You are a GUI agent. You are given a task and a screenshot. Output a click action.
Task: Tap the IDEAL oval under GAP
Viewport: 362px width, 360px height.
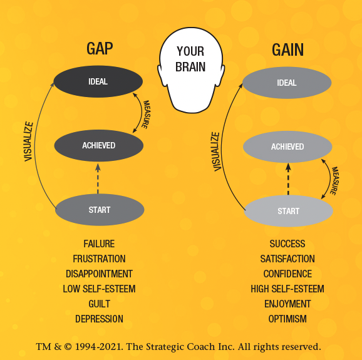click(98, 81)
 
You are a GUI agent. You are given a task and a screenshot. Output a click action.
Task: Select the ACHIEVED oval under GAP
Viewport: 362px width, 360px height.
click(99, 146)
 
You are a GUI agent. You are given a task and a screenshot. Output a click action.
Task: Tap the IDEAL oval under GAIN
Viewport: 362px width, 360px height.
click(287, 83)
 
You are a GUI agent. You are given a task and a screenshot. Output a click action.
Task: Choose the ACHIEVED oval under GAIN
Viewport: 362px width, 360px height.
click(287, 147)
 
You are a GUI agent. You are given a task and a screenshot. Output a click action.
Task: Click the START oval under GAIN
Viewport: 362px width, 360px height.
click(288, 212)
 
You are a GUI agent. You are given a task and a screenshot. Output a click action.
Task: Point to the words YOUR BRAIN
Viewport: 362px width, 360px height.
click(190, 58)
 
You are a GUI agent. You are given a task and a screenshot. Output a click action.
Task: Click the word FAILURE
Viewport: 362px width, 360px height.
click(99, 244)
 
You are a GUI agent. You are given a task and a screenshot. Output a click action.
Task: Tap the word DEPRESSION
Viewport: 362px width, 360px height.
click(99, 319)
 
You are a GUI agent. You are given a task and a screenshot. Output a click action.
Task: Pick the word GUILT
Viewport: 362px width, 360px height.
click(99, 304)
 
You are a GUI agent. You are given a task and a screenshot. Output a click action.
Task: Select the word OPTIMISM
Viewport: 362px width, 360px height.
click(287, 319)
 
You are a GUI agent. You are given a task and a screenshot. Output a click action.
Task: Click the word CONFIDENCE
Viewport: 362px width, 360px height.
click(287, 274)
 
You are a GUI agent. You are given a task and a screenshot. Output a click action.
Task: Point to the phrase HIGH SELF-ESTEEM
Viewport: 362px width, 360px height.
click(287, 289)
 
